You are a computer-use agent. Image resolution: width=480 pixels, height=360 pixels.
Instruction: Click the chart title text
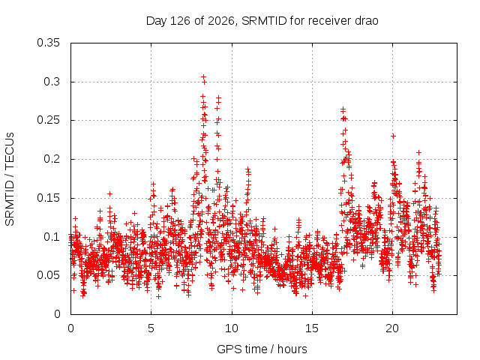(x=262, y=21)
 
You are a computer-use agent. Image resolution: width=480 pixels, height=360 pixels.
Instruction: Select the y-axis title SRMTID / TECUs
(x=10, y=179)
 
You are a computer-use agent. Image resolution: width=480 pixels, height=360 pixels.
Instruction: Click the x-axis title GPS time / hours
(x=262, y=349)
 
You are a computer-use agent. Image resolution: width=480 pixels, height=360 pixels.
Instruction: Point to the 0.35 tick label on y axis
(x=48, y=43)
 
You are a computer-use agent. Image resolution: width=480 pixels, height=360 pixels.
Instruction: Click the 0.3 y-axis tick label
(x=52, y=82)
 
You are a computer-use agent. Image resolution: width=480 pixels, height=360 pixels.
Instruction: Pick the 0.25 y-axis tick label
(x=48, y=120)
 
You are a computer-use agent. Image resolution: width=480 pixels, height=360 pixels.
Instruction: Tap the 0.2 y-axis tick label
(x=52, y=159)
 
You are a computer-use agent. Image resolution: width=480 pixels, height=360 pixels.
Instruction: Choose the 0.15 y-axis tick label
(x=48, y=198)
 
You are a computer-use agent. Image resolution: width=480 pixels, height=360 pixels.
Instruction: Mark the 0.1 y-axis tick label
(x=52, y=237)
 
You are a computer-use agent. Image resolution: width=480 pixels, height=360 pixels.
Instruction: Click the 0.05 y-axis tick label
(x=48, y=275)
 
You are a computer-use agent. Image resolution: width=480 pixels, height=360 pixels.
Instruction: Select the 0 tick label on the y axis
(x=57, y=314)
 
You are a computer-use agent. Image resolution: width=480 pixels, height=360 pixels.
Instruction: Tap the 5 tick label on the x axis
(x=151, y=328)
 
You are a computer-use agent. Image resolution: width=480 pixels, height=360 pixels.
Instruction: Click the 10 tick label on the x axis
(x=232, y=328)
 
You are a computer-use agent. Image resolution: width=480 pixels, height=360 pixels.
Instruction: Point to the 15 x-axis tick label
(x=312, y=328)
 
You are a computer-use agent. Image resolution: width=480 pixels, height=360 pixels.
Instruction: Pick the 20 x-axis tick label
(x=392, y=328)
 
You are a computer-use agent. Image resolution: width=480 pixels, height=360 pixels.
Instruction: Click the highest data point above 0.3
(x=203, y=76)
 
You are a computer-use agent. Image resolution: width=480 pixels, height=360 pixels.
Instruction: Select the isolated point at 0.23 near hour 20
(x=394, y=136)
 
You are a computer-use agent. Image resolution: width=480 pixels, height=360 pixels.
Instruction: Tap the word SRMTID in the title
(x=264, y=21)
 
